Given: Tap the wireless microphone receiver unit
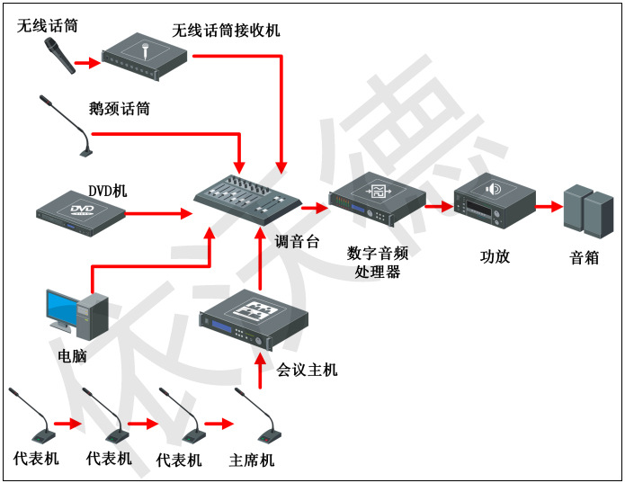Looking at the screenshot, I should [x=144, y=58].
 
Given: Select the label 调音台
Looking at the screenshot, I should [x=297, y=241].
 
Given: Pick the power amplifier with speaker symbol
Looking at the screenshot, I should [x=494, y=202].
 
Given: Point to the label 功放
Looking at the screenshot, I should [x=495, y=256].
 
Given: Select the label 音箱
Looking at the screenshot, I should [x=585, y=258].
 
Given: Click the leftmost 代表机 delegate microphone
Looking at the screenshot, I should [x=28, y=416].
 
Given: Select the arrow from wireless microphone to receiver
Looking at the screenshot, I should [x=85, y=64].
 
